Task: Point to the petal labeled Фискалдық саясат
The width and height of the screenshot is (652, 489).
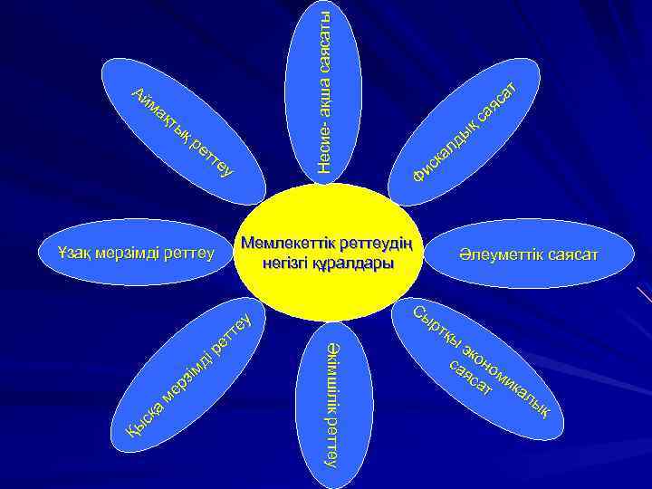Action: pyautogui.click(x=462, y=127)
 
